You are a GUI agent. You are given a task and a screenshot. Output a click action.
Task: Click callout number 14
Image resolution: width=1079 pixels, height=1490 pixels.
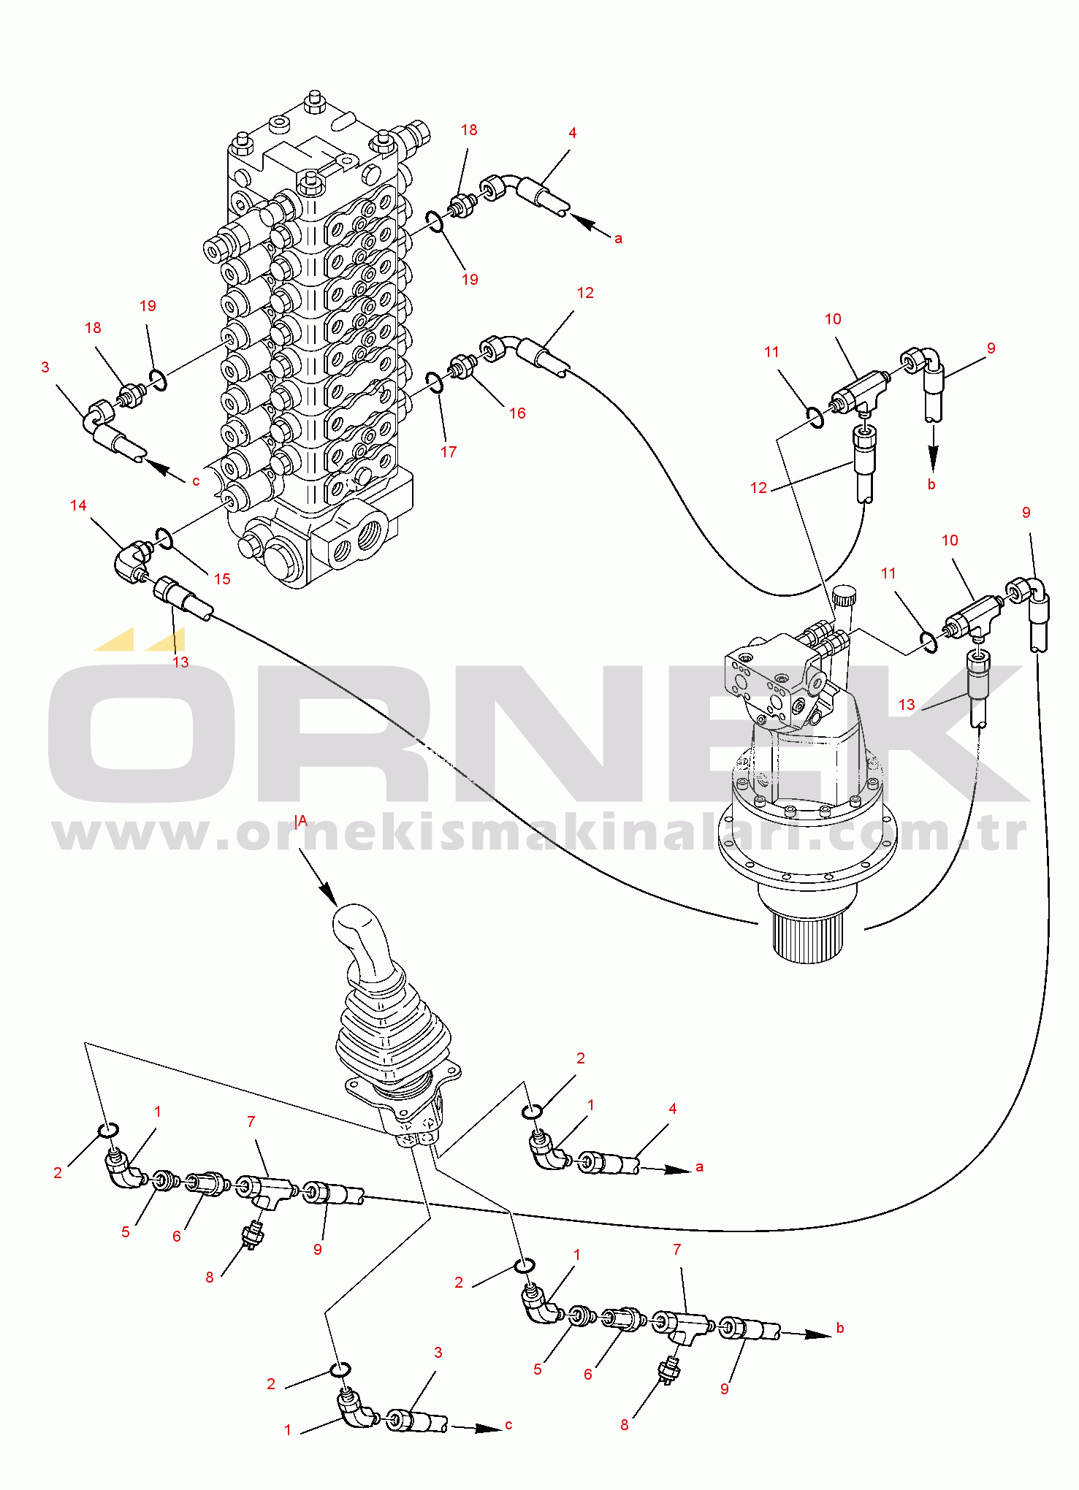point(78,505)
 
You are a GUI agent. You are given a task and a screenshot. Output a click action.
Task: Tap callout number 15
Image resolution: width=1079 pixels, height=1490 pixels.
point(222,579)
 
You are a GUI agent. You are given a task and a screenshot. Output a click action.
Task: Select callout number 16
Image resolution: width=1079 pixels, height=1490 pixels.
point(517,413)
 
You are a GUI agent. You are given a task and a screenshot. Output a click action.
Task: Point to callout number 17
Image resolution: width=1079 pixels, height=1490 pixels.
point(449,452)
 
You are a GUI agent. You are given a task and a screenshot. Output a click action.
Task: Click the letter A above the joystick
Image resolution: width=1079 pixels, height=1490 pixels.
point(302,821)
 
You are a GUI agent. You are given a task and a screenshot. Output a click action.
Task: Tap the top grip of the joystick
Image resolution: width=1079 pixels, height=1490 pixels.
point(358,935)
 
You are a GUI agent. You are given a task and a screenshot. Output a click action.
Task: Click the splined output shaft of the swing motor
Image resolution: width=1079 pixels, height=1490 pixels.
point(808,939)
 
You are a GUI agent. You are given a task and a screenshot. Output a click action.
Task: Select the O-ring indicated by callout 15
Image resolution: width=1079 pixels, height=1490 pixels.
point(165,539)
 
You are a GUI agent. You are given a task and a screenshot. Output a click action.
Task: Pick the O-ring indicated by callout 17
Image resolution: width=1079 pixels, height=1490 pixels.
point(434,382)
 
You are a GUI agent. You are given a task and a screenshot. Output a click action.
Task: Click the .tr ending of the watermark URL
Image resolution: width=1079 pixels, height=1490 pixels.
point(1001,834)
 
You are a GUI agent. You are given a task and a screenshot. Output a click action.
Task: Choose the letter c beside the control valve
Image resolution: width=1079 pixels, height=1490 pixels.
point(196,481)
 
